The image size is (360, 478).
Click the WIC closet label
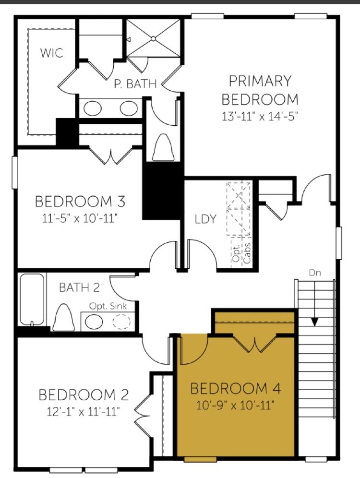52,53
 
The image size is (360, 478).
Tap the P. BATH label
135,84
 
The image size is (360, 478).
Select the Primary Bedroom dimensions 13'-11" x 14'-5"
259,117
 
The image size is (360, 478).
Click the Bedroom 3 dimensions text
80,218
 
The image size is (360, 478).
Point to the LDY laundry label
206,219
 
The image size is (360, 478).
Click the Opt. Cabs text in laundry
242,253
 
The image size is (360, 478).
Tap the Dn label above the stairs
315,273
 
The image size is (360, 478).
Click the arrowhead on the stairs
314,322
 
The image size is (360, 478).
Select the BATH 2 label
79,287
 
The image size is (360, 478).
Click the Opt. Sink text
108,306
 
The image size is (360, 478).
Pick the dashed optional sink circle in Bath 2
122,322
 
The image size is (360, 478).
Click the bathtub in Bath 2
32,299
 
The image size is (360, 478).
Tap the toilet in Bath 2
64,317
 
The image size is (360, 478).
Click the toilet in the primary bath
163,147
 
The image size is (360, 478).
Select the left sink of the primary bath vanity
93,108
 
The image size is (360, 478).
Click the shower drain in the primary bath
153,38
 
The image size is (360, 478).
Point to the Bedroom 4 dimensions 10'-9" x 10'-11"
235,406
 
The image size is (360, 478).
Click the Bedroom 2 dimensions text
83,412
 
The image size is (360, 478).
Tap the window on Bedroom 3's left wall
14,172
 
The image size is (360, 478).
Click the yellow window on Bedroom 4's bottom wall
200,459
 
